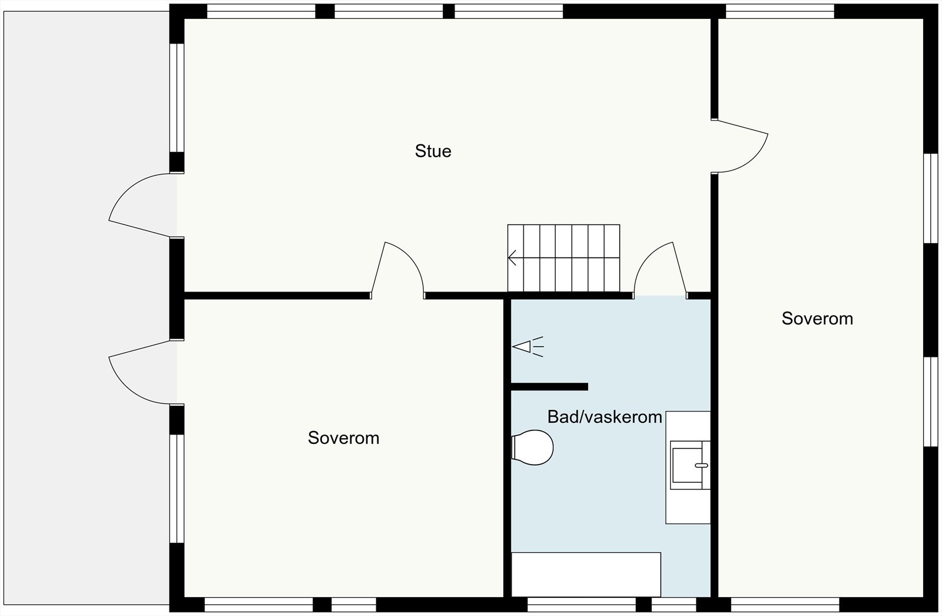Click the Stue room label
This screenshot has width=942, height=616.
pos(433,151)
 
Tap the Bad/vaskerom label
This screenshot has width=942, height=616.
pos(605,417)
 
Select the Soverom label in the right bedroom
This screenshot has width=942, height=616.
pos(817,319)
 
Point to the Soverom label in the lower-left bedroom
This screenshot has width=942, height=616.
pos(343,438)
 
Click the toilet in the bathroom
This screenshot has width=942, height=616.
pos(533,448)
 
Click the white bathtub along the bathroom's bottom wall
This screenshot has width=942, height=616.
pos(586,574)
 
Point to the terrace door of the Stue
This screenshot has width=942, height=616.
pos(141,206)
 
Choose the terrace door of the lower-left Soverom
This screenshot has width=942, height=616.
pos(141,374)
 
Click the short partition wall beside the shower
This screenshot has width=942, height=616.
pos(549,387)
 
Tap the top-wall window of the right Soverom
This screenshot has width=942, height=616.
pos(780,11)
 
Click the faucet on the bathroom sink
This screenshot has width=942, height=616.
pos(701,465)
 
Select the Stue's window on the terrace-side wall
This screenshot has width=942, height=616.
pos(177,97)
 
